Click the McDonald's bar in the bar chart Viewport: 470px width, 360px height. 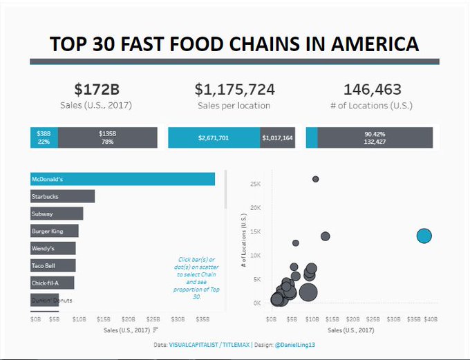[x=122, y=179]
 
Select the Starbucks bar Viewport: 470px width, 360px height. [x=62, y=196]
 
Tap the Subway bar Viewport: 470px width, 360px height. [x=57, y=214]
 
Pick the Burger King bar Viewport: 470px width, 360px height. [x=54, y=231]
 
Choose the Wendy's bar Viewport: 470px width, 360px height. [x=53, y=248]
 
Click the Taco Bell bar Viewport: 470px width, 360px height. [x=53, y=265]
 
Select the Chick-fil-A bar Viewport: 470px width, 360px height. [x=52, y=283]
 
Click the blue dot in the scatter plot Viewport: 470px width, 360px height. [x=424, y=236]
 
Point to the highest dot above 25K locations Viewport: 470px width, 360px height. [x=316, y=179]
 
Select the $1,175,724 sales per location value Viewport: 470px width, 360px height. [x=234, y=89]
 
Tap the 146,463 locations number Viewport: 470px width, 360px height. [x=373, y=89]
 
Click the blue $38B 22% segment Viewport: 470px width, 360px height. [x=44, y=138]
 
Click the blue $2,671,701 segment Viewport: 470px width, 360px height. [x=214, y=138]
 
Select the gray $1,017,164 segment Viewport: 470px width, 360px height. [x=278, y=138]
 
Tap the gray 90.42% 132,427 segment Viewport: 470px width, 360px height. [x=375, y=138]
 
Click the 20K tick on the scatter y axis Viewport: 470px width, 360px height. [x=255, y=208]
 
